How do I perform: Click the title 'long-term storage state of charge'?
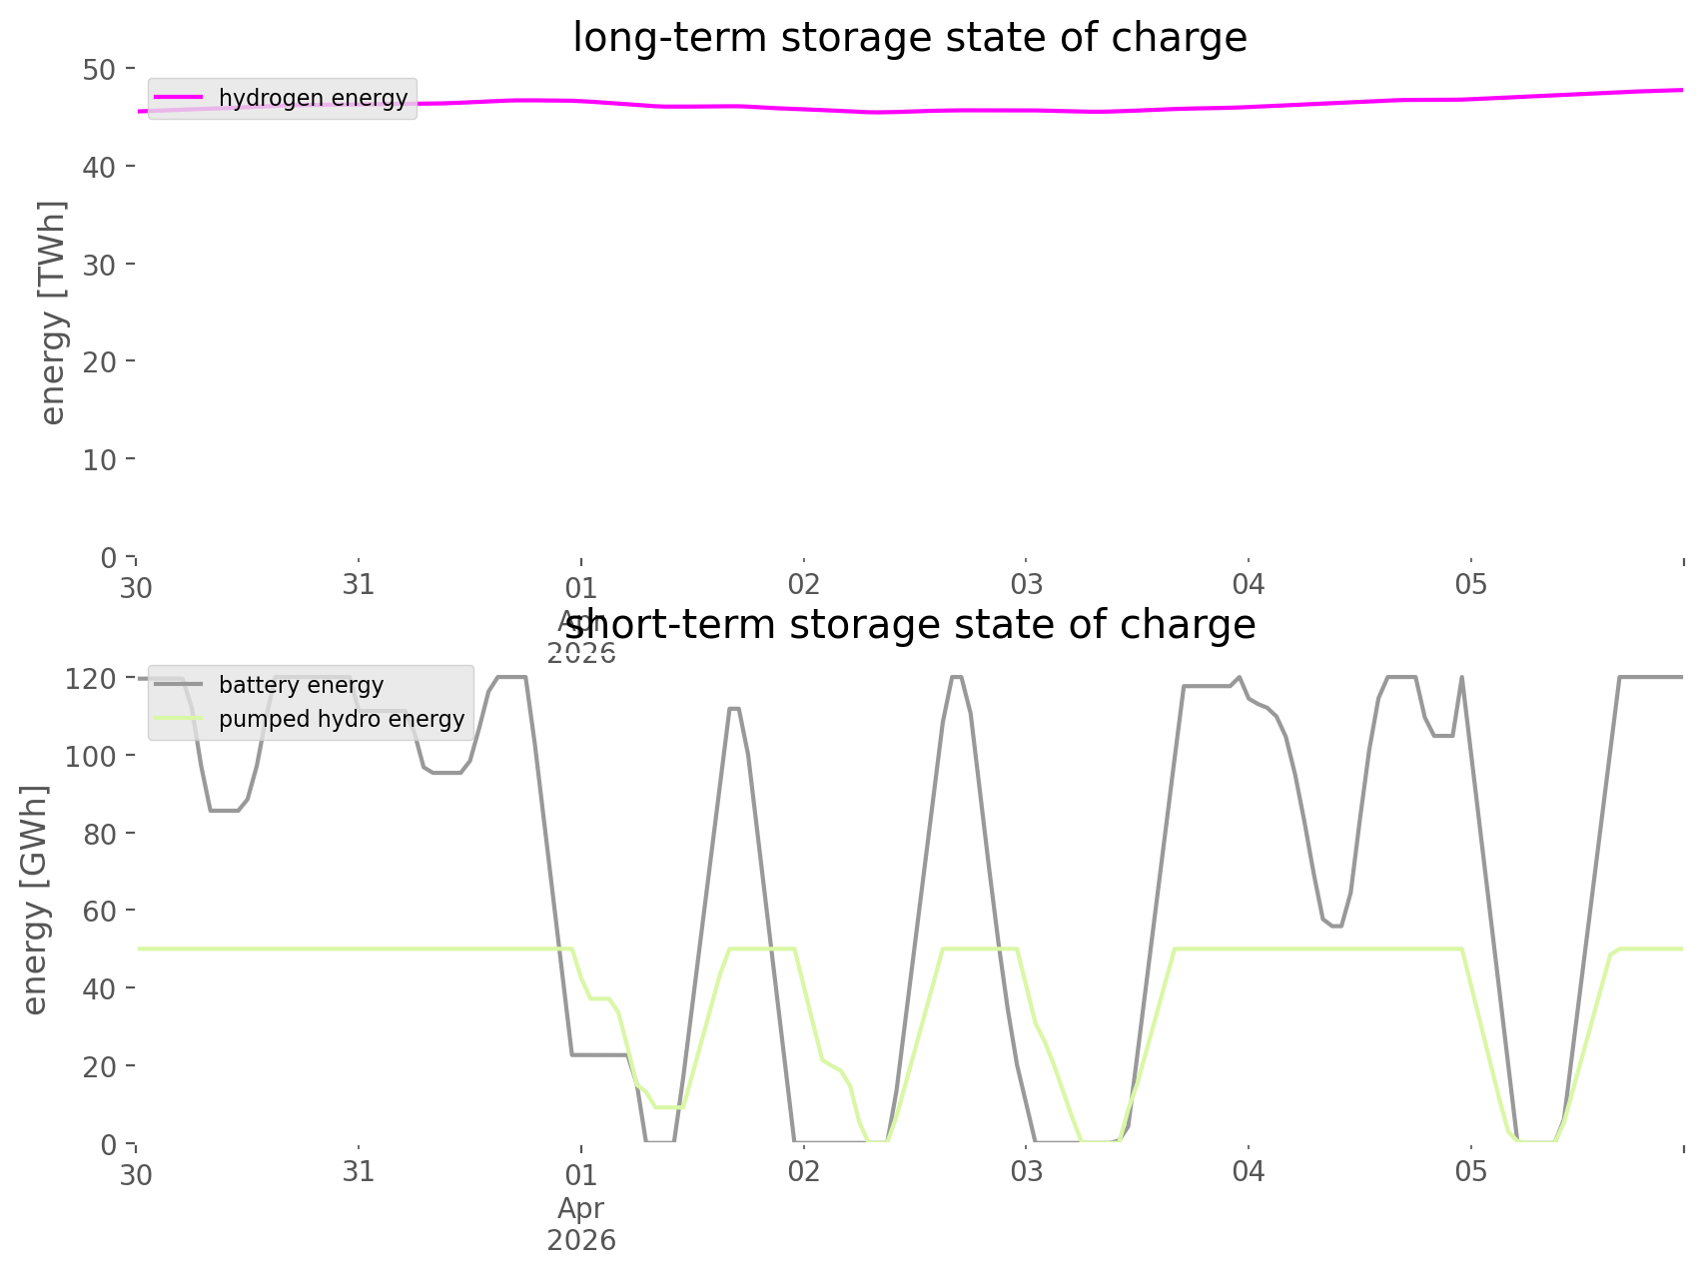point(909,38)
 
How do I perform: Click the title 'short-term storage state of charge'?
point(909,625)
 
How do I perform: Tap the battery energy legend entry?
point(301,685)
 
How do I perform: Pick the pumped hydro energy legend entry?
point(341,719)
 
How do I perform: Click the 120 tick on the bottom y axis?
point(91,679)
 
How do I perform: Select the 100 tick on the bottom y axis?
point(91,756)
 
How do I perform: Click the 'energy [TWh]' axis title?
point(53,313)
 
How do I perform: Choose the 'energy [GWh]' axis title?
point(35,900)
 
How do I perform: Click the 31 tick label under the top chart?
point(359,585)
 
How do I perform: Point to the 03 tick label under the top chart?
point(1026,585)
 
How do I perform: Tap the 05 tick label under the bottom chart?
point(1471,1172)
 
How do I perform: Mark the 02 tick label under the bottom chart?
point(803,1172)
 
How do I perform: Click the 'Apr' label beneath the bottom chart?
point(581,1208)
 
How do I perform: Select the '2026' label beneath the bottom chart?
point(581,1241)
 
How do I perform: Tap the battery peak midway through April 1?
point(733,708)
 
